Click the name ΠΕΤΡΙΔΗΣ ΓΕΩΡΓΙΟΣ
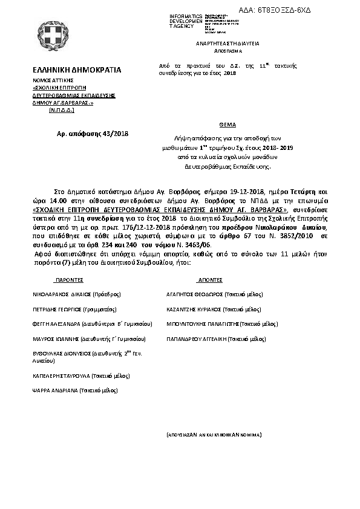pyautogui.click(x=58, y=308)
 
